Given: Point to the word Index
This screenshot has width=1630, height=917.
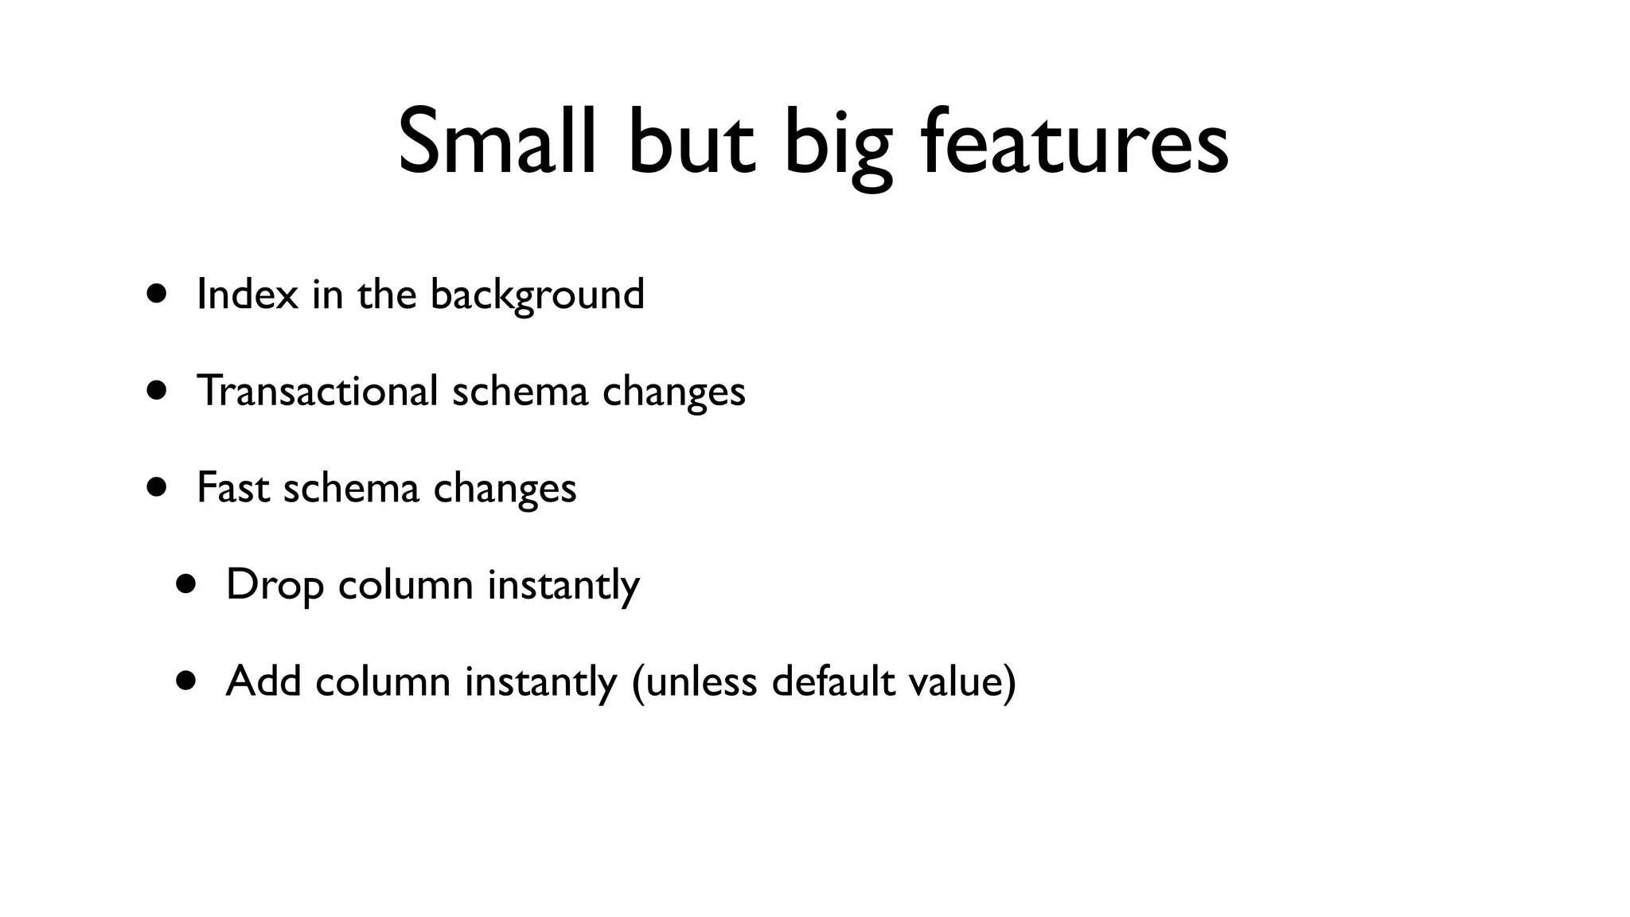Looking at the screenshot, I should point(247,294).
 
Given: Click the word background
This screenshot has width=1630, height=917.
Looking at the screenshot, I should point(537,295).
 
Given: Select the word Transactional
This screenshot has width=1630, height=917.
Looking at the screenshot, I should point(317,391).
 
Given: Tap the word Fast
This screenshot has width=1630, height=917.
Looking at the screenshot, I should point(232,487).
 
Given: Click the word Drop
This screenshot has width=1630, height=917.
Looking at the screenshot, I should point(275,585).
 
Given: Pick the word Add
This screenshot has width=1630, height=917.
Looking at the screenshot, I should point(263,681).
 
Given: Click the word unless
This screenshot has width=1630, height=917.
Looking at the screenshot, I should point(701,681).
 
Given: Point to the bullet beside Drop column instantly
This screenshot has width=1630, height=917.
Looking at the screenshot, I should point(186,584).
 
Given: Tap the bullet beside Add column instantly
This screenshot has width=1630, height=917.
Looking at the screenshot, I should point(186,681).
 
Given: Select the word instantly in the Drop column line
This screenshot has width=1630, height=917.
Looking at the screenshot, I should point(563,585).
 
